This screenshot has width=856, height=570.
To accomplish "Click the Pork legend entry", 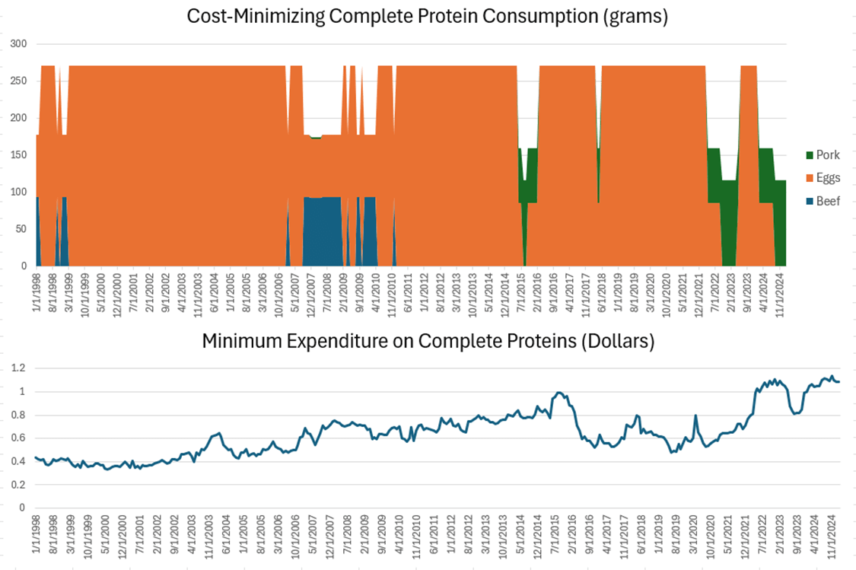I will [x=828, y=154].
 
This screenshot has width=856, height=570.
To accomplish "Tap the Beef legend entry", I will [x=829, y=202].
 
